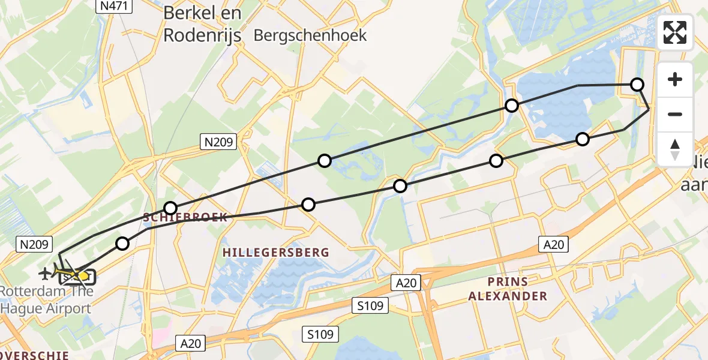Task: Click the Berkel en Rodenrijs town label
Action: coord(202,24)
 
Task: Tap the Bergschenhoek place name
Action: coord(310,35)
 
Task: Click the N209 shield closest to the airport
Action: coord(37,244)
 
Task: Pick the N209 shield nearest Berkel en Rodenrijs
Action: coord(218,142)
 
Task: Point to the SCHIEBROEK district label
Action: coord(185,217)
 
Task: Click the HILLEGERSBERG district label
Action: coord(276,253)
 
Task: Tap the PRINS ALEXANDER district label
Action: coord(508,289)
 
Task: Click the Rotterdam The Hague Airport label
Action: coord(47,300)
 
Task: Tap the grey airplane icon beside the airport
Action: coord(44,274)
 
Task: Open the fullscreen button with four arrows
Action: coord(675,32)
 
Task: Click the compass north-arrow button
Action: coord(675,149)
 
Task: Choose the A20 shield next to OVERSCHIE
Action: coord(191,343)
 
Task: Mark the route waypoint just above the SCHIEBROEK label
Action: coord(171,208)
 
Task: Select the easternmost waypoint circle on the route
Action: coord(637,85)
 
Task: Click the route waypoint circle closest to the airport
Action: coord(122,243)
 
